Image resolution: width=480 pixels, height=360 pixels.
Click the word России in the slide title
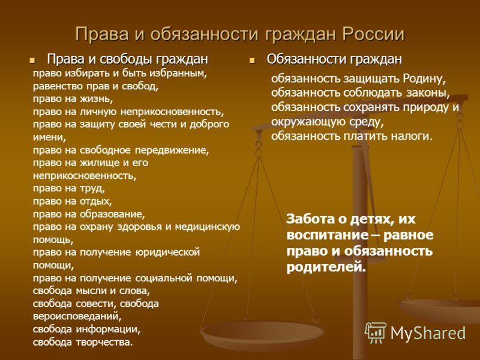coord(373,34)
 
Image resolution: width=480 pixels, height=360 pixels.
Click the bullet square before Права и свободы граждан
coord(32,61)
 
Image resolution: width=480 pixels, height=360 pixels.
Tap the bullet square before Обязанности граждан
coord(252,61)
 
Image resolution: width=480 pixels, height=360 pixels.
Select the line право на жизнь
coord(73,99)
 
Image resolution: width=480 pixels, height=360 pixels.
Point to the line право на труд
coord(69,188)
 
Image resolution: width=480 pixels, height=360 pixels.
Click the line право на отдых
coord(73,201)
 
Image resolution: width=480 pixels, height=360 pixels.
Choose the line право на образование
coord(89,214)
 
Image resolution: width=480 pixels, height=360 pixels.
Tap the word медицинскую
coord(207,227)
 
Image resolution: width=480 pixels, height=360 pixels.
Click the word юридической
coord(167,253)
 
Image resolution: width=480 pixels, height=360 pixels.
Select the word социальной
coord(164,278)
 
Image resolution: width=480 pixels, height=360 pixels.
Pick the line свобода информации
coord(86,329)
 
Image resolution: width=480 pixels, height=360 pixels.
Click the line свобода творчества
coord(83,342)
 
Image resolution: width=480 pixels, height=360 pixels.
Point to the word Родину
coord(424,79)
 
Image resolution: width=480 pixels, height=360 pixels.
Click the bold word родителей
coord(326,267)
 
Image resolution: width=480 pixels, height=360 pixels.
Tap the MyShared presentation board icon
coord(376,333)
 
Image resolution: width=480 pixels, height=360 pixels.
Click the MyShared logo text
coord(428,333)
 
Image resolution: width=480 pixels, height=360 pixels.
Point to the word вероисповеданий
coord(77,317)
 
